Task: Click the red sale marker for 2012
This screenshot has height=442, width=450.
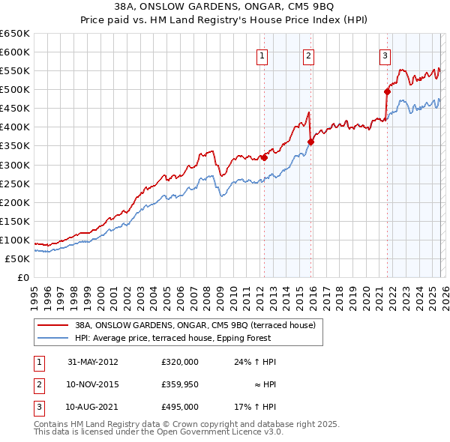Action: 264,157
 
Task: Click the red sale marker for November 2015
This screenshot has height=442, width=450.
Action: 310,142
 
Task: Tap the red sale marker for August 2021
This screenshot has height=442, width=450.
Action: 387,91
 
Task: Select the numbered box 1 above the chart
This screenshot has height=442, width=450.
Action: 262,55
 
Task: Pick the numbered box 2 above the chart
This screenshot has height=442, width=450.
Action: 308,55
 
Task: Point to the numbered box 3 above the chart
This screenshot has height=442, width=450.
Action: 385,55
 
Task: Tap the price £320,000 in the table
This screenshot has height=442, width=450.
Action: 179,362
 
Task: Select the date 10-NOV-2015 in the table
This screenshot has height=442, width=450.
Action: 92,384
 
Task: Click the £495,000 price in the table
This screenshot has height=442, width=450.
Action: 179,407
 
